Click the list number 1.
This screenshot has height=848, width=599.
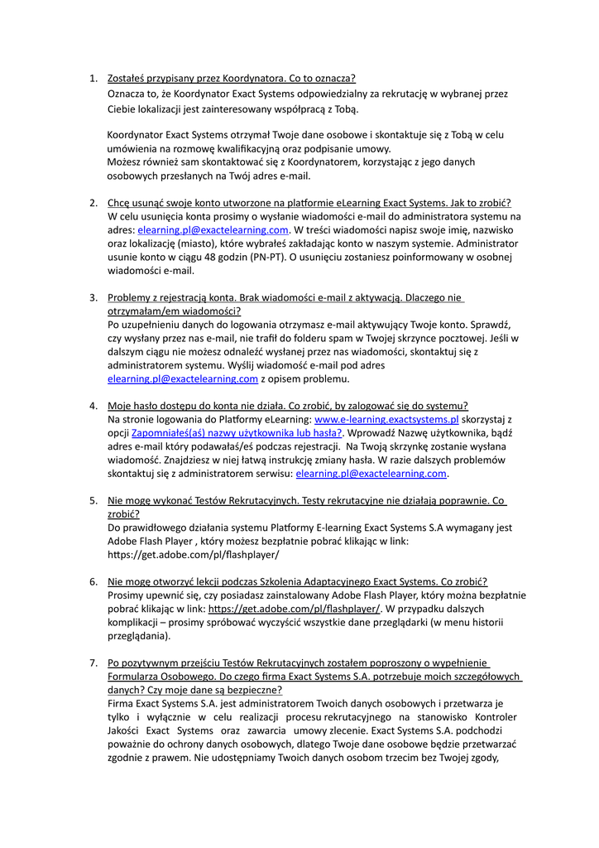pos(93,79)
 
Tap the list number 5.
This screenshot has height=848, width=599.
pos(93,500)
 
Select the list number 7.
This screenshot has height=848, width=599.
pos(93,662)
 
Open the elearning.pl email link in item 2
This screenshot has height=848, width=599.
pos(213,229)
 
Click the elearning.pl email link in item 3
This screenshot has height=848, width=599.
pos(183,378)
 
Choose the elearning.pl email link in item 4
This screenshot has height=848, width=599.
pos(371,474)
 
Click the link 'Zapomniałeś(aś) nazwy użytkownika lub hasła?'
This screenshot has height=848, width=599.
pos(237,432)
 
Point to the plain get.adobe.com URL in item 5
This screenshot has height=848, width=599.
pos(193,554)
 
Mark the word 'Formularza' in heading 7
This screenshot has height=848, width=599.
pos(135,676)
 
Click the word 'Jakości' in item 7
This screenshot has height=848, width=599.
pos(124,730)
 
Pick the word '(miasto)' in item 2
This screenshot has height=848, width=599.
pos(195,243)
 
